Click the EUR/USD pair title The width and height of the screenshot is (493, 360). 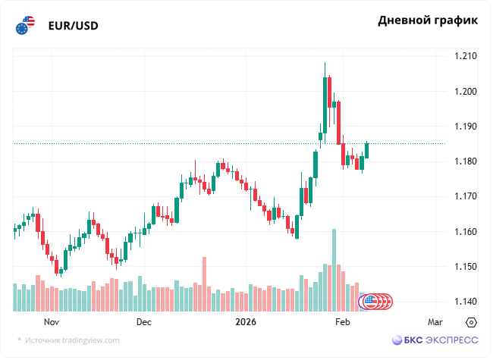[x=73, y=26]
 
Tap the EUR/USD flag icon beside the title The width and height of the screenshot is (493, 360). [x=25, y=26]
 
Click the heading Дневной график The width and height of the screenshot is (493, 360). [x=428, y=20]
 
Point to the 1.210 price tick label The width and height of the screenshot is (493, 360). [x=465, y=56]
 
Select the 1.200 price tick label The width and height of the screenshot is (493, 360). [x=465, y=91]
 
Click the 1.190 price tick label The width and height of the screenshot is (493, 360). [x=465, y=126]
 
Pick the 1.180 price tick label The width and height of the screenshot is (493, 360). [x=465, y=161]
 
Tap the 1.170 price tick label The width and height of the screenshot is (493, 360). [x=465, y=196]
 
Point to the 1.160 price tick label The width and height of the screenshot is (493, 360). [x=465, y=231]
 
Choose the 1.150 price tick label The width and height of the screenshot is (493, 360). [x=465, y=267]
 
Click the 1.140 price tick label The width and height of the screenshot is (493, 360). [x=465, y=302]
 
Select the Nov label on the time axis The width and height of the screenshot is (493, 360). [x=52, y=322]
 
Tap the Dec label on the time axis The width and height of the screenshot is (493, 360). [x=144, y=322]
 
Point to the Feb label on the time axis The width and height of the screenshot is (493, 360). [x=343, y=322]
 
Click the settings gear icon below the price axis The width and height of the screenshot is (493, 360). [x=471, y=322]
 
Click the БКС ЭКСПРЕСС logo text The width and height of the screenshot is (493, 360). [x=435, y=340]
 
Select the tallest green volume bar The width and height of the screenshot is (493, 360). [x=333, y=270]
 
